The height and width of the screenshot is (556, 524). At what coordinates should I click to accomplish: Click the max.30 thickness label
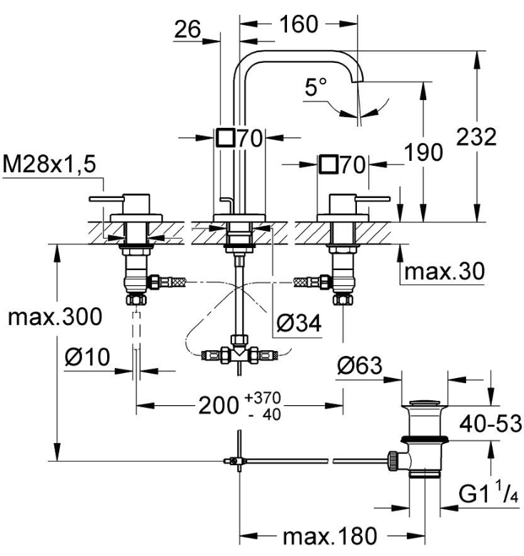444,271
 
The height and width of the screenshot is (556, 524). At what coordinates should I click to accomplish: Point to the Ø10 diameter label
87,357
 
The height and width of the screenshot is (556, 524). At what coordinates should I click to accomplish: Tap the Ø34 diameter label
298,324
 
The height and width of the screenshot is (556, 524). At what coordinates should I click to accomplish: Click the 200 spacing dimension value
217,406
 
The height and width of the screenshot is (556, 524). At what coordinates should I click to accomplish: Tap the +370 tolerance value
262,398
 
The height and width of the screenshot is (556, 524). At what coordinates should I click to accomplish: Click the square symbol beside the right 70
329,165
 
